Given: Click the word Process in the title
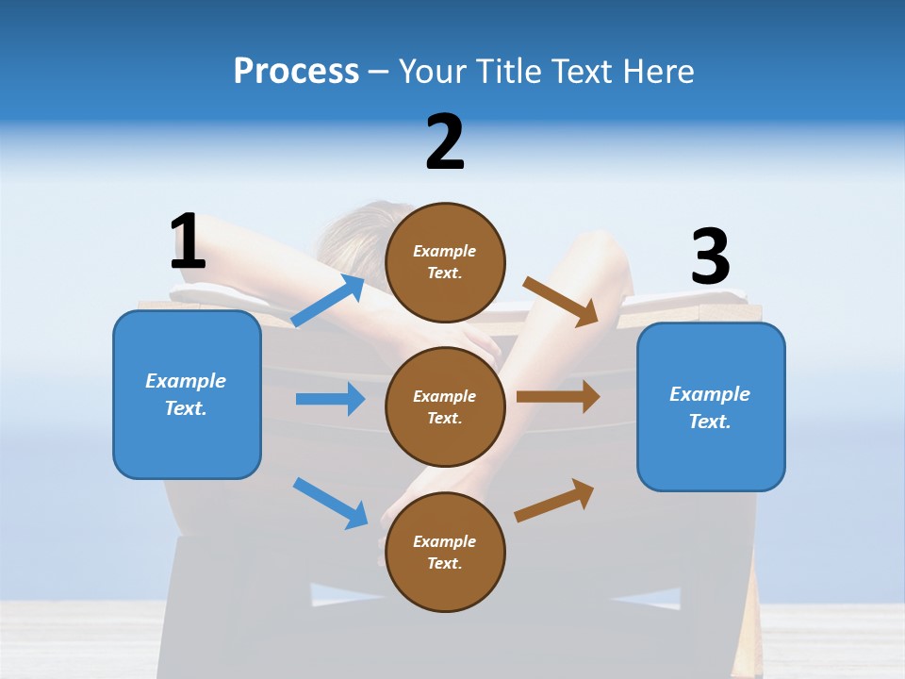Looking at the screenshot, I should click(x=296, y=72).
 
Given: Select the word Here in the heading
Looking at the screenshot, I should click(x=658, y=72).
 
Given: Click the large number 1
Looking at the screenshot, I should click(x=188, y=242).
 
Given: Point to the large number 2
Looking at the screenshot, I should click(x=445, y=142).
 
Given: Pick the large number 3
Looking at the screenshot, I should click(x=710, y=257).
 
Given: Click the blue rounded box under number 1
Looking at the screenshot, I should click(x=187, y=394).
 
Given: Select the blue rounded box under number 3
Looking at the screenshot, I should click(x=711, y=407).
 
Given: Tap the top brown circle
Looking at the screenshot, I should click(x=445, y=262).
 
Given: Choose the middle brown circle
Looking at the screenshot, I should click(x=445, y=406).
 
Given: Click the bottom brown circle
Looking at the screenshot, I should click(x=445, y=552).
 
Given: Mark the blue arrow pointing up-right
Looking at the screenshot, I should click(x=328, y=301).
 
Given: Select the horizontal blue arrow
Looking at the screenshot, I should click(x=330, y=399).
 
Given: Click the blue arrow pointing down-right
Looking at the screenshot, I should click(x=330, y=503).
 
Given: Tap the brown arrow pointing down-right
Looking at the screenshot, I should click(x=561, y=302).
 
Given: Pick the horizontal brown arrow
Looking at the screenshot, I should click(x=558, y=396).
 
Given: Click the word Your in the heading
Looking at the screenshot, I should click(x=429, y=72).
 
